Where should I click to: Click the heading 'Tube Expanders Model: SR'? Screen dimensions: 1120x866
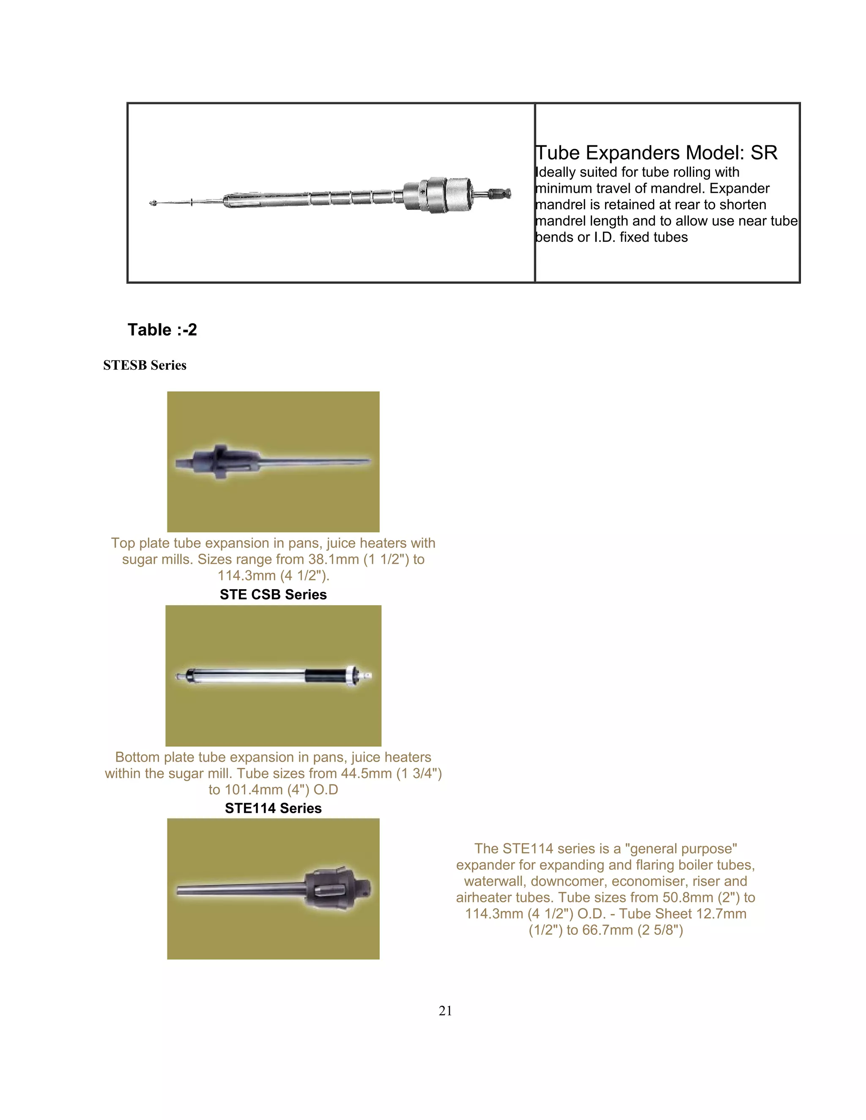[x=656, y=153]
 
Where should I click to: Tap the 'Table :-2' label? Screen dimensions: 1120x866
[x=162, y=330]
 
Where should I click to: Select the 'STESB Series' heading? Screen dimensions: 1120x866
[x=145, y=365]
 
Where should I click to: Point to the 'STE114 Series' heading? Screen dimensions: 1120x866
[x=273, y=808]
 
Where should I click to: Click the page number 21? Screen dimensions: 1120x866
[x=445, y=1011]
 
